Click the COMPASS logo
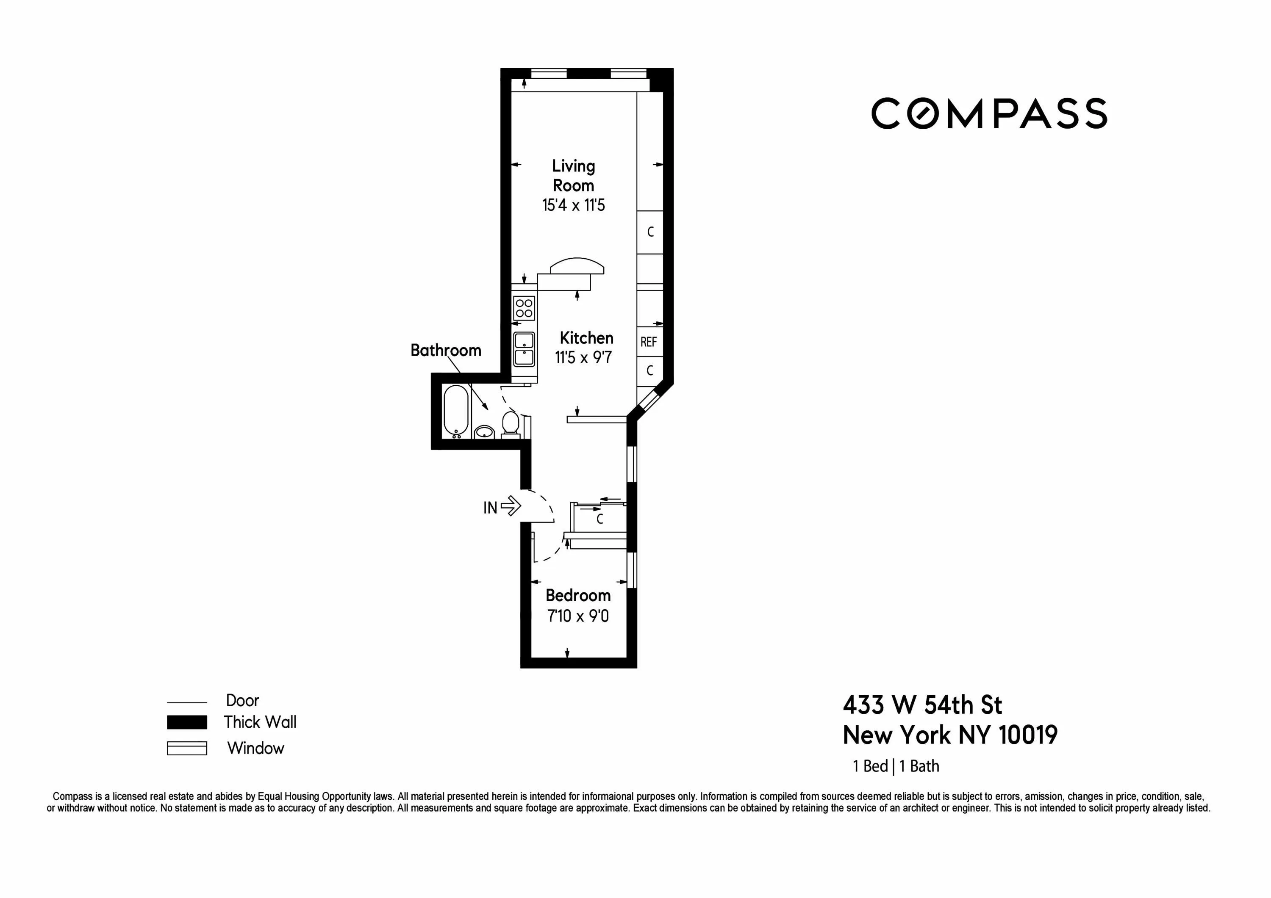tap(989, 113)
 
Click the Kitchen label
tap(586, 338)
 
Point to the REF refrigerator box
tap(649, 342)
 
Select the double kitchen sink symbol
tap(524, 349)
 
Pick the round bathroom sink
tap(484, 431)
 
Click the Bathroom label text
tap(446, 350)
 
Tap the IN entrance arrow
tap(510, 506)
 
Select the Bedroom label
tap(578, 595)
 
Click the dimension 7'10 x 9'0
tap(578, 616)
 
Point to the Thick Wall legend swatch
tap(187, 722)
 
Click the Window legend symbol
tap(187, 748)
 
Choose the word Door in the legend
tap(242, 700)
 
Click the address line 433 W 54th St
tap(922, 705)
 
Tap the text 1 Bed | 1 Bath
tap(896, 766)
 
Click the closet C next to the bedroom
tap(599, 519)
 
